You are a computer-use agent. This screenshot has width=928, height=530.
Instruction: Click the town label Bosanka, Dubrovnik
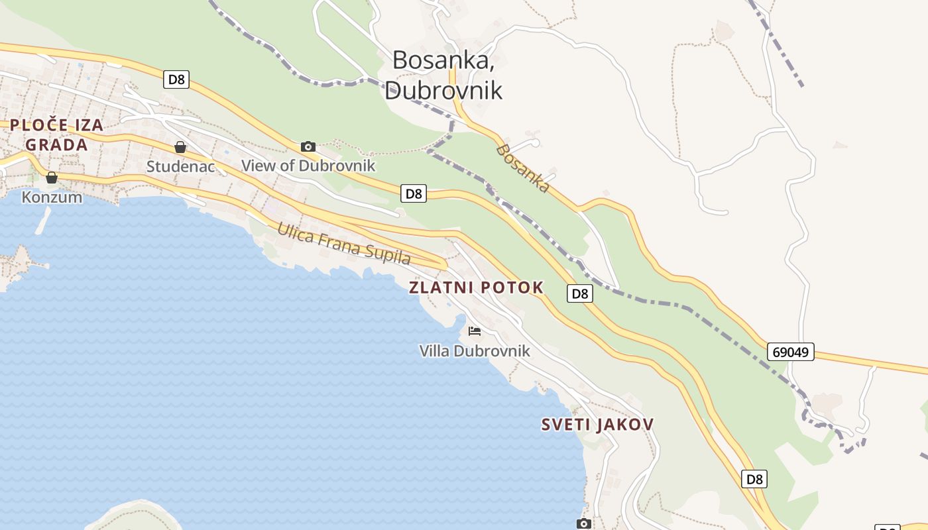(x=443, y=74)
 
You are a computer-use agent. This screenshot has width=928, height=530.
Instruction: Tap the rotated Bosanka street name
(x=523, y=168)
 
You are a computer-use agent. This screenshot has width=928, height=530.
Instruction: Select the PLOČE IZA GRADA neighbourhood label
(x=56, y=134)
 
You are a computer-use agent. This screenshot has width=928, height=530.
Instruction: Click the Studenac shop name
(x=180, y=166)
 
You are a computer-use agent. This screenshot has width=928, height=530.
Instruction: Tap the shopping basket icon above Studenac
(x=180, y=147)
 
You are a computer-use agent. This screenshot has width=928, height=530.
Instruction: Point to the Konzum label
(x=52, y=197)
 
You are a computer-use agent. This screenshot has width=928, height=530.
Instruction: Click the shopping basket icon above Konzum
(x=52, y=178)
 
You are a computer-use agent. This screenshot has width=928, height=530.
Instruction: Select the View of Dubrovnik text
(x=308, y=166)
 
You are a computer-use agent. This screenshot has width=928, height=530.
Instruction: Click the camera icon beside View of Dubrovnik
(x=308, y=146)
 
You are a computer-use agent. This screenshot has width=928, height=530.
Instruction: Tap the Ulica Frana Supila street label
(x=343, y=243)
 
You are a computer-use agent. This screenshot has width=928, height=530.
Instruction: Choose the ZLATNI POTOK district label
(x=476, y=288)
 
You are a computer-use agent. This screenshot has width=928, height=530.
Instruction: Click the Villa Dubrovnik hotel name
(x=475, y=350)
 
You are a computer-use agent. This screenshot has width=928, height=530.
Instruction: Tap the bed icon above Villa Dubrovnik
(x=475, y=331)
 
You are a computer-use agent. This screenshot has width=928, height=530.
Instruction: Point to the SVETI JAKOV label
(x=597, y=425)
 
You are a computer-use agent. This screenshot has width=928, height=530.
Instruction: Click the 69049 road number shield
(x=791, y=352)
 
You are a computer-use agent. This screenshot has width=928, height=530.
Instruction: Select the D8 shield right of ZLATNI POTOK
(x=579, y=293)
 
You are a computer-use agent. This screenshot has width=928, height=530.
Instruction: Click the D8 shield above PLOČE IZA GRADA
(x=176, y=79)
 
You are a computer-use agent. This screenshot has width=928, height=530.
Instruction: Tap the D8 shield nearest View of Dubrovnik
(x=414, y=193)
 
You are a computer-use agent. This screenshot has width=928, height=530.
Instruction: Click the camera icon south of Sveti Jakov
(x=583, y=524)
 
